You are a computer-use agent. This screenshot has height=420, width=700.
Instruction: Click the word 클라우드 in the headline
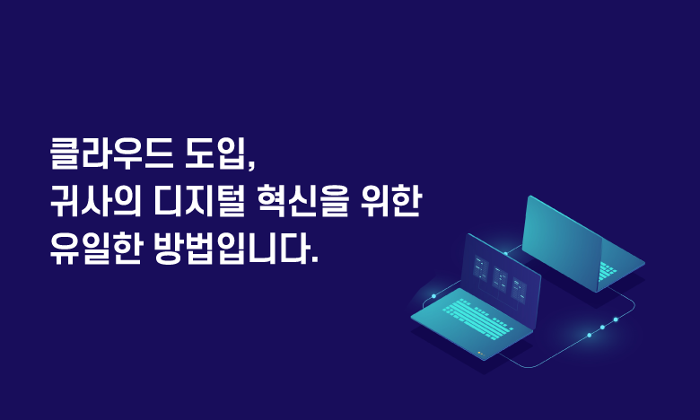coord(111,154)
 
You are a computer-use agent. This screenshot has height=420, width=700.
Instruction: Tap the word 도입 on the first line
coord(216,154)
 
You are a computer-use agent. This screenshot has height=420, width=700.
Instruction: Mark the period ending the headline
coord(315,260)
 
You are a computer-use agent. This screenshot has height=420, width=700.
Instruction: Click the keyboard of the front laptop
coord(477,319)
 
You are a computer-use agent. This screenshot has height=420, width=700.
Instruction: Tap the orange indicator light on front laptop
coord(479,353)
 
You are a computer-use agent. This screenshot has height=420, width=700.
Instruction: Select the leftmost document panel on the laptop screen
coord(480,267)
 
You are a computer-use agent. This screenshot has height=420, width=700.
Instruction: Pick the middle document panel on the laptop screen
coord(500,280)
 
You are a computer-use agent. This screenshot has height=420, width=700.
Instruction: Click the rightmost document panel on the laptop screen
coord(520,291)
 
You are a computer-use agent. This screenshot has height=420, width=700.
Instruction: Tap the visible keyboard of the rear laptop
coord(607,271)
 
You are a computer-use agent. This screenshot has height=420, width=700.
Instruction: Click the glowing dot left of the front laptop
coord(433,296)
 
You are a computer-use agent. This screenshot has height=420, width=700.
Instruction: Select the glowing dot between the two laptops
coord(505,253)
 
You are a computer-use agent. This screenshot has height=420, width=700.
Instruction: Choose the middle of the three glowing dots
coord(602,328)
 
